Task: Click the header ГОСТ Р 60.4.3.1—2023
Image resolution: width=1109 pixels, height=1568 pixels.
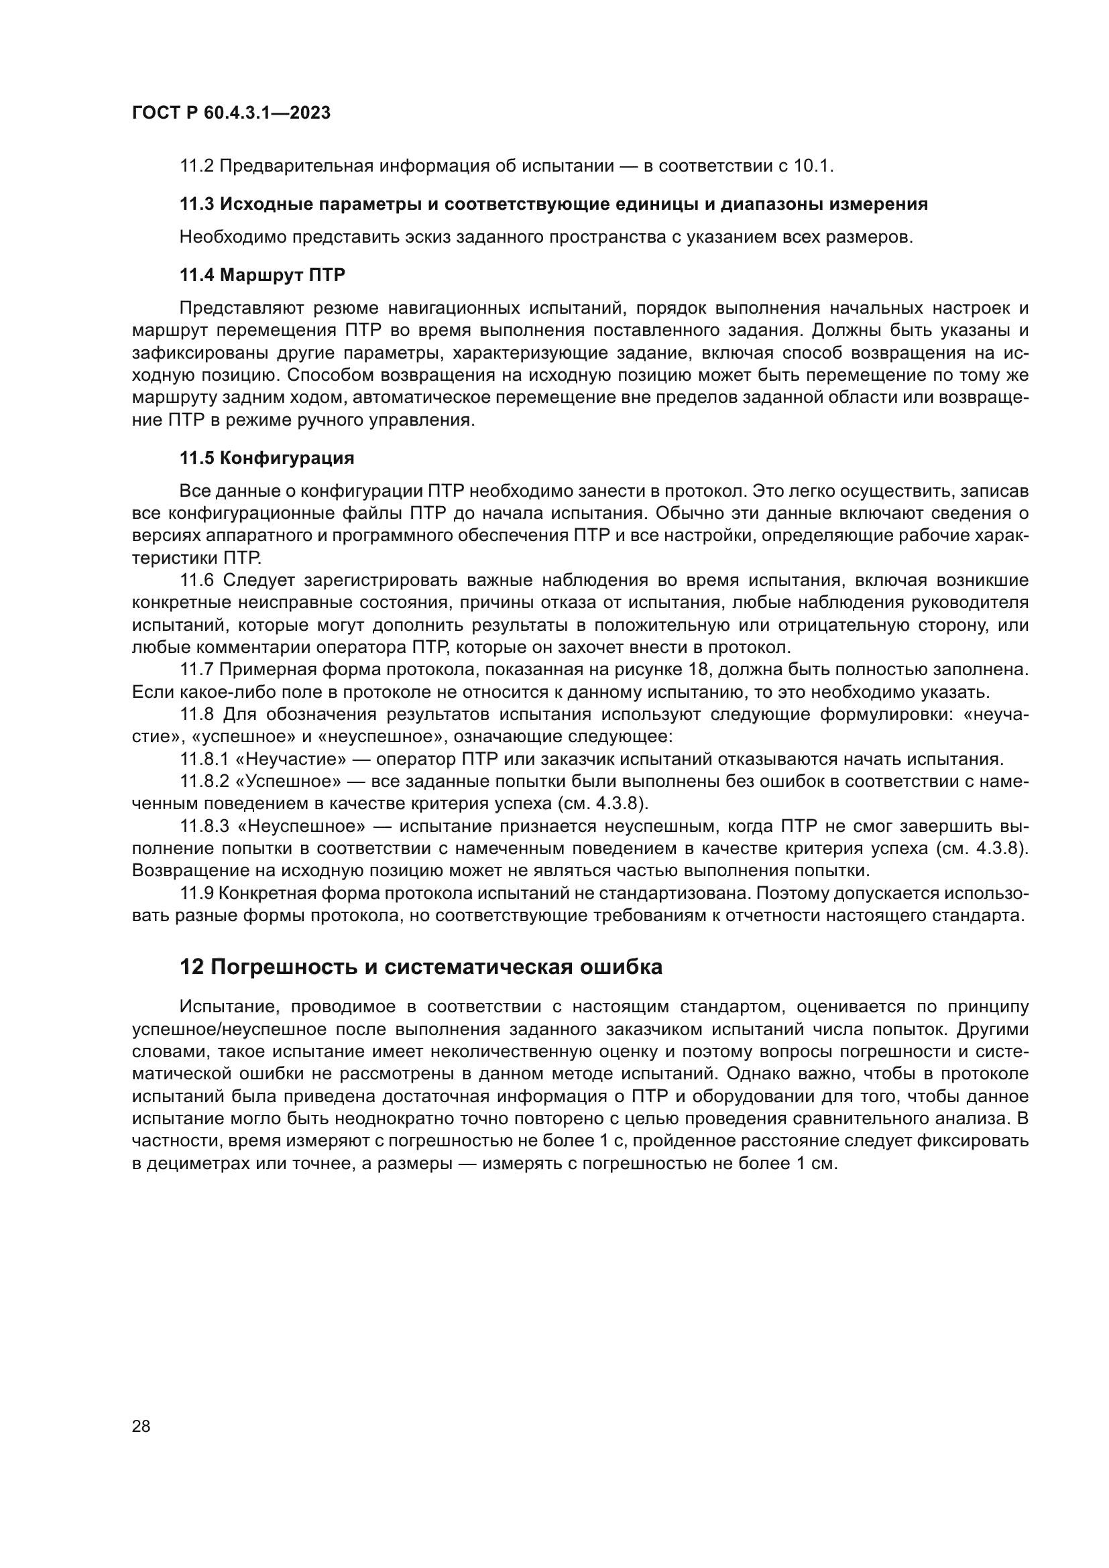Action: pos(231,113)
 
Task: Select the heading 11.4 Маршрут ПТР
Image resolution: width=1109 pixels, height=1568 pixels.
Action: pos(262,276)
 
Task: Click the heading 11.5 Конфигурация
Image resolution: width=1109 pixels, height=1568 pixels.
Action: pos(266,458)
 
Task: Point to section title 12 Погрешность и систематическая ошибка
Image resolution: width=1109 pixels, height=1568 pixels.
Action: pos(420,967)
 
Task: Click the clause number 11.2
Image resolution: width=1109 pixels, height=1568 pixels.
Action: pos(196,166)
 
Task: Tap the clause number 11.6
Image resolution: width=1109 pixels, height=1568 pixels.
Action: pos(196,581)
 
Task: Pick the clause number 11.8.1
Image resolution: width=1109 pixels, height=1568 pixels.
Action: pos(205,760)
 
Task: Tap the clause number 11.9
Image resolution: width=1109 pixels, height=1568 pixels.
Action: pos(196,893)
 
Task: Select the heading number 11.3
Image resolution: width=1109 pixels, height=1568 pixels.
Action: pos(196,204)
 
